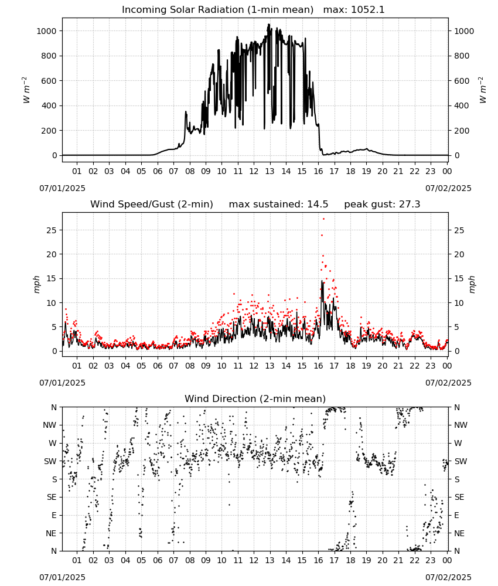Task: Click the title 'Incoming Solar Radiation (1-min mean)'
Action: tap(217, 10)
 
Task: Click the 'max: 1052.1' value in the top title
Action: tap(354, 10)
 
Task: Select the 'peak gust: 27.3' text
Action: tap(382, 205)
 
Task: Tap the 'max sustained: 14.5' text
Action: tap(278, 205)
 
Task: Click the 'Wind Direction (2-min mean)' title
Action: tap(255, 398)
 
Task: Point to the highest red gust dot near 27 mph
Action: tap(323, 219)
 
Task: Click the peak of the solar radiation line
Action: tap(268, 25)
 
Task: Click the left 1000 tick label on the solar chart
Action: tap(46, 31)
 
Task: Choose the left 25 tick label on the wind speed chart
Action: tap(52, 230)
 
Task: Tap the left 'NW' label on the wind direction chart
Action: tap(50, 425)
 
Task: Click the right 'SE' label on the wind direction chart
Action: tap(459, 497)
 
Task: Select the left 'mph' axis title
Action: tap(36, 284)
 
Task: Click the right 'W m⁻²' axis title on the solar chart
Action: tap(482, 90)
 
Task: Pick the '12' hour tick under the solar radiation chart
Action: tap(254, 171)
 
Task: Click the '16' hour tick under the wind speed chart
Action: tap(318, 366)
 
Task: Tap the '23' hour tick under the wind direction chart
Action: tap(431, 560)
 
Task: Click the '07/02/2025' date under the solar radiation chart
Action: tap(448, 188)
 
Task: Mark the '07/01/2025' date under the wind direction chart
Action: tap(62, 577)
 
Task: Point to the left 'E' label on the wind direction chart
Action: tap(54, 515)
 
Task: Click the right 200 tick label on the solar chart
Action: tap(462, 131)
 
